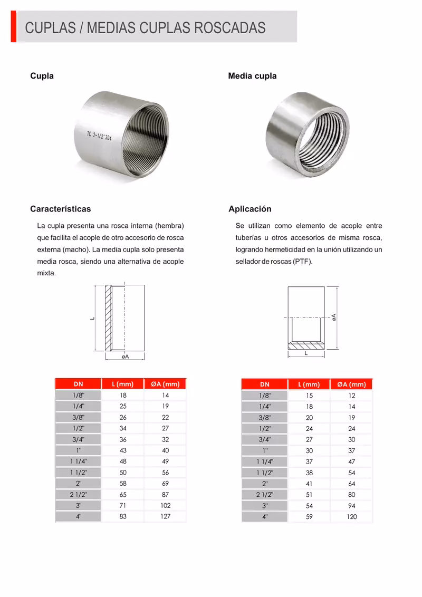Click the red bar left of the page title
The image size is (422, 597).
click(13, 26)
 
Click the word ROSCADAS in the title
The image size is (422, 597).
click(229, 27)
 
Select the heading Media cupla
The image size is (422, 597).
click(252, 76)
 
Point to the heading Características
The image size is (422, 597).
click(61, 209)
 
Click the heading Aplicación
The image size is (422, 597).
click(250, 209)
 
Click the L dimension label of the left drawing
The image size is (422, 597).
click(91, 318)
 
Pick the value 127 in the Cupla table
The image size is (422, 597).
click(166, 516)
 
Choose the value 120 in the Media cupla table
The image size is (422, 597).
click(351, 517)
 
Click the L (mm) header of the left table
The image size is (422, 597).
click(122, 384)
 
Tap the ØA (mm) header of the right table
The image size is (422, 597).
click(351, 384)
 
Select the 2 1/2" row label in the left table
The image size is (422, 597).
click(78, 494)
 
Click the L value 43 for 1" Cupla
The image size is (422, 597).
click(123, 450)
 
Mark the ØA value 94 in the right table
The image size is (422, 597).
click(351, 506)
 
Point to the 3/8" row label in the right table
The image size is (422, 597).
click(265, 418)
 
